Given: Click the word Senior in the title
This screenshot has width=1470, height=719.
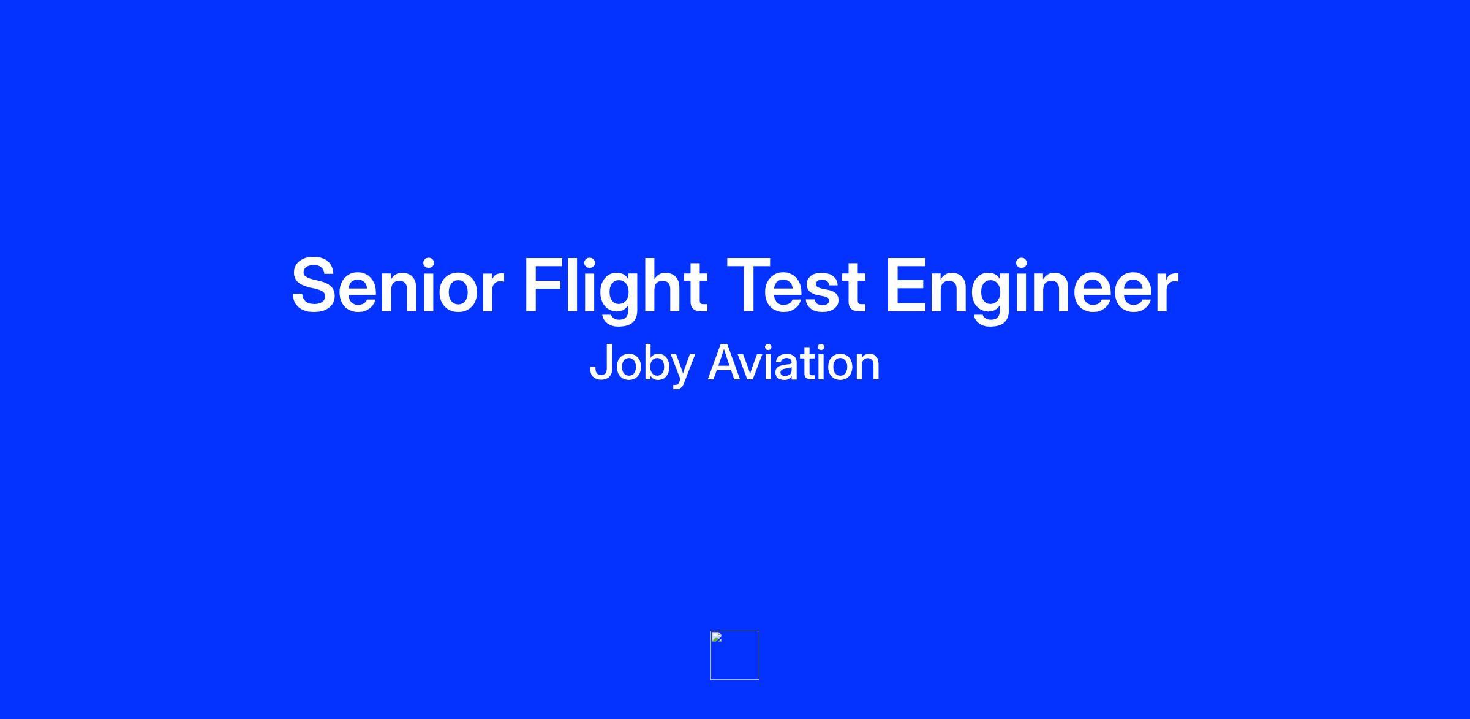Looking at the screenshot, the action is coord(398,286).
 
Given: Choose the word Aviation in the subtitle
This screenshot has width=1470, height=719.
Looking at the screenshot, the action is coord(794,362).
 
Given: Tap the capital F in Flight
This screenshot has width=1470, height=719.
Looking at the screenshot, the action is coord(544,286).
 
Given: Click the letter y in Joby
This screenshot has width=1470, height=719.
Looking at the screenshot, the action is coord(680,371).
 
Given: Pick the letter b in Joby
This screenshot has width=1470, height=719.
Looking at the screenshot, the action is coord(652,362).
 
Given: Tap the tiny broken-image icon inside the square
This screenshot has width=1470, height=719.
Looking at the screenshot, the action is coord(717,637).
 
